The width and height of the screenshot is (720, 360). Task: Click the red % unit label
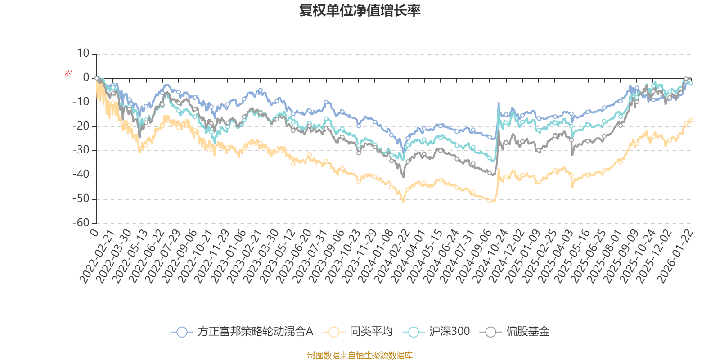68,73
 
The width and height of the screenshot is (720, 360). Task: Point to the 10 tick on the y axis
83,54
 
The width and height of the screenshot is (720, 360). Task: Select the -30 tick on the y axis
81,150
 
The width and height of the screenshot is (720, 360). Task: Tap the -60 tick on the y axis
81,222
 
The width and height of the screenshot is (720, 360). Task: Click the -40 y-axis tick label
81,174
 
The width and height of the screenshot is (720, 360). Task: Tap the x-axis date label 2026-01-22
675,256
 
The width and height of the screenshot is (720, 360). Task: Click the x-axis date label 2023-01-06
229,256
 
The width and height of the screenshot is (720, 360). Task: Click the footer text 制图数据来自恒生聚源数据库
360,355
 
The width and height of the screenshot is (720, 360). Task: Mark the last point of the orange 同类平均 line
691,120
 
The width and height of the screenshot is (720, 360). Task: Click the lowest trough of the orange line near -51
403,201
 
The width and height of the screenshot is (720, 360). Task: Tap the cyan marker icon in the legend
414,332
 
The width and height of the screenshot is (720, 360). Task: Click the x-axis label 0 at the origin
94,232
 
